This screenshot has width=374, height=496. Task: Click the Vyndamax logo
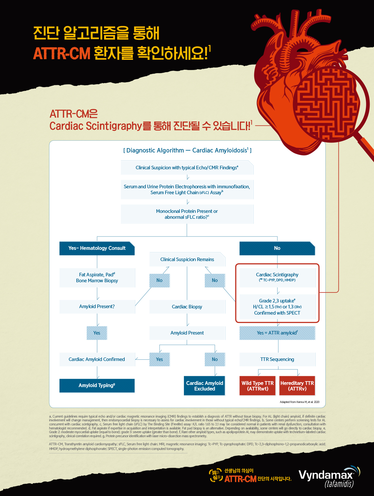coord(327,476)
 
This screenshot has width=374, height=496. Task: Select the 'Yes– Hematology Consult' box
coord(97,248)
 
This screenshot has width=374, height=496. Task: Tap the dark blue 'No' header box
coord(277,248)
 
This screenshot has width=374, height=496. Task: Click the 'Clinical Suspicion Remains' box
coord(187,260)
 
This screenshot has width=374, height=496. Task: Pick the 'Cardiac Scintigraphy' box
coord(277,277)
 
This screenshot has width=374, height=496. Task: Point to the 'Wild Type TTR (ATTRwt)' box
coord(257,386)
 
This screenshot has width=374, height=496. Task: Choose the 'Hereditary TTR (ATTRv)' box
coord(297,386)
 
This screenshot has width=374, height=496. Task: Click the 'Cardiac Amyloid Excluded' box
coord(204,386)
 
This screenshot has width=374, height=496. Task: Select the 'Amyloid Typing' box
coord(97,386)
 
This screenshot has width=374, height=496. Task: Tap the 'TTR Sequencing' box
coord(277,359)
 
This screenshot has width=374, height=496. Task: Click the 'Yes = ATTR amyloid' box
coord(277,333)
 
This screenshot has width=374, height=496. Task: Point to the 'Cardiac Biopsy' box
coord(187,307)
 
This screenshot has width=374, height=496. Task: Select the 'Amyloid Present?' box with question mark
coord(97,306)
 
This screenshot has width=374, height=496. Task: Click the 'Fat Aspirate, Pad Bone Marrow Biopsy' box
coord(97,278)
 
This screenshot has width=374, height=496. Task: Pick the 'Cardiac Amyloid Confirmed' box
coord(97,359)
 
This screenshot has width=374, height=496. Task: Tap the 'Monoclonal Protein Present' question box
coord(187,214)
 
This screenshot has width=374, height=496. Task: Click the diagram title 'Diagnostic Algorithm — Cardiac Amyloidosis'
coord(187,151)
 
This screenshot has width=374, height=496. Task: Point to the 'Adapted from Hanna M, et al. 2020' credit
coord(300,402)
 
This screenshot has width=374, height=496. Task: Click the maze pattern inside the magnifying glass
coord(327,106)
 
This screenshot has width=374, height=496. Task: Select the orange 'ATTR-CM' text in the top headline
coord(62,54)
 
